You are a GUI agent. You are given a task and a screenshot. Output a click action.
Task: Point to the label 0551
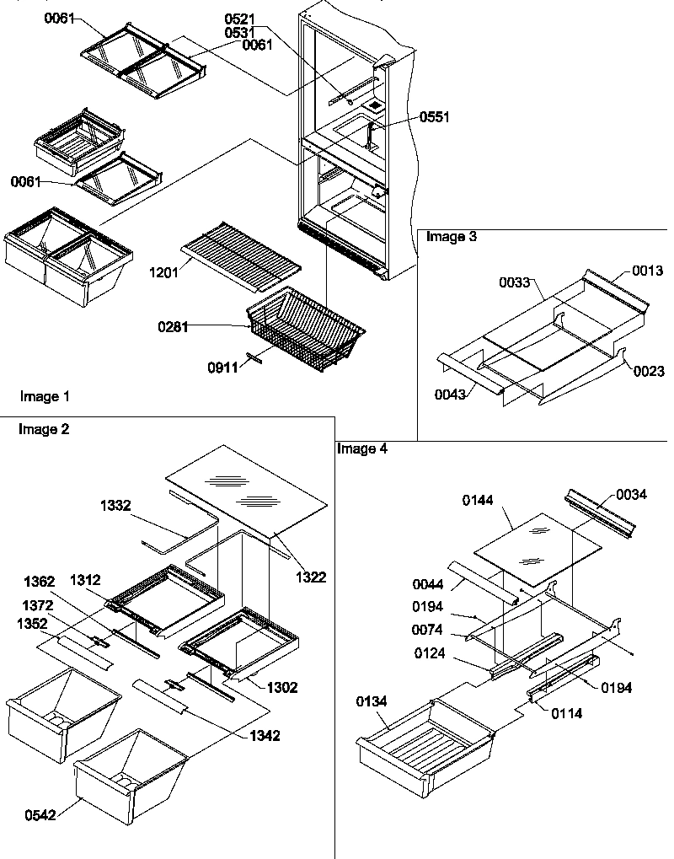point(436,118)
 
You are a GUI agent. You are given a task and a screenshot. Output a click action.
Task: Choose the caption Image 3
point(451,237)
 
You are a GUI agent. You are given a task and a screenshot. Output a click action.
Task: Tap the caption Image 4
point(362,448)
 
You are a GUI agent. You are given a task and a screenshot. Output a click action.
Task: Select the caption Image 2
point(43,429)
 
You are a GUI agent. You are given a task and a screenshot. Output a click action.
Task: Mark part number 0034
point(631,494)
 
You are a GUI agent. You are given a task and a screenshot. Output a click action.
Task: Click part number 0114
point(565,713)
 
